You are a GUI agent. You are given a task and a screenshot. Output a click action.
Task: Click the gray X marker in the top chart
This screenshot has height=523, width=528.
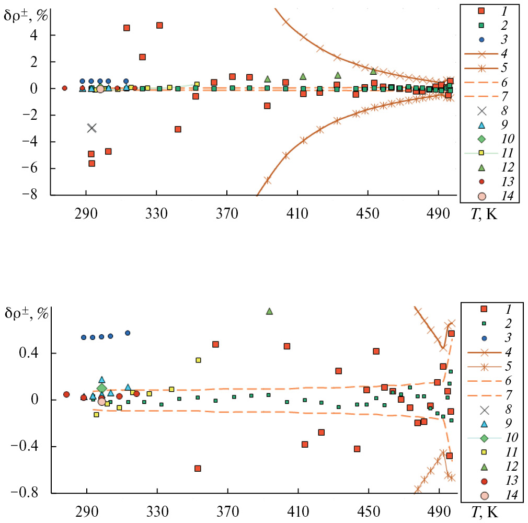(x=92, y=128)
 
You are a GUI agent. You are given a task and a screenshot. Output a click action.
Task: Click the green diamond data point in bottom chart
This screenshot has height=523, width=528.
(x=101, y=388)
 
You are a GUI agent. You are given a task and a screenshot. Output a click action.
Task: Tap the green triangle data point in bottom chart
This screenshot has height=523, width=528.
(x=270, y=311)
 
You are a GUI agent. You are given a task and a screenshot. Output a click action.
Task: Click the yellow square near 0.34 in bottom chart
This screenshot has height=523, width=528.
(x=198, y=360)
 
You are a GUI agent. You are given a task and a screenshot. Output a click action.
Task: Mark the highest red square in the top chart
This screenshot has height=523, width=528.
(x=159, y=25)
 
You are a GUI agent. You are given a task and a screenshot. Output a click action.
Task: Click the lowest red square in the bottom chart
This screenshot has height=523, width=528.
(x=198, y=468)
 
